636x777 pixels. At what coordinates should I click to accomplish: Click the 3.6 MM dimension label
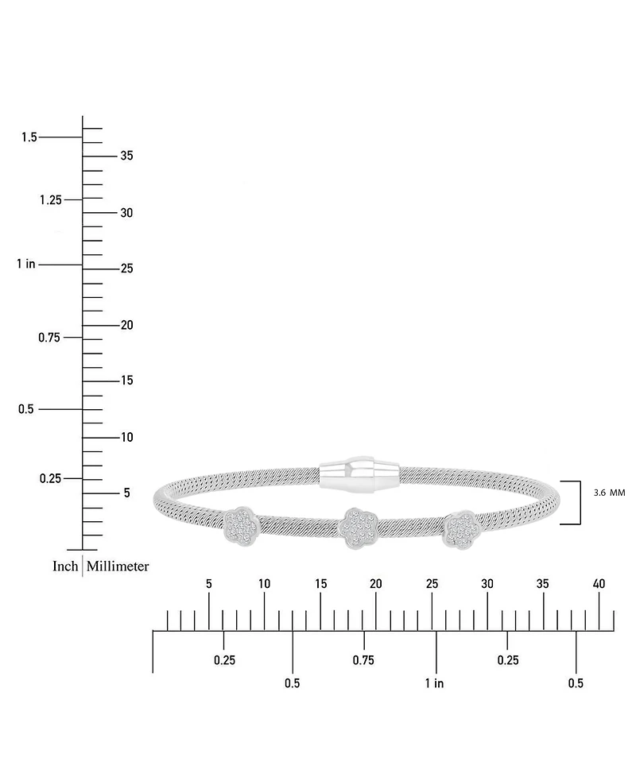pyautogui.click(x=609, y=493)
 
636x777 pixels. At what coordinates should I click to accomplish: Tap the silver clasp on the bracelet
pyautogui.click(x=360, y=474)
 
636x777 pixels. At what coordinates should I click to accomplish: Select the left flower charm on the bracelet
pyautogui.click(x=241, y=526)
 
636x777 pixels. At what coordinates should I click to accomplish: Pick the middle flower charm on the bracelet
pyautogui.click(x=358, y=528)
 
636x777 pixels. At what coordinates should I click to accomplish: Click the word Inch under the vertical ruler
pyautogui.click(x=65, y=566)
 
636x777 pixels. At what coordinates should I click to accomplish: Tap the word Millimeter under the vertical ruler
pyautogui.click(x=118, y=566)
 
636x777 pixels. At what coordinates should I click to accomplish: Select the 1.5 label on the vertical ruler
pyautogui.click(x=29, y=137)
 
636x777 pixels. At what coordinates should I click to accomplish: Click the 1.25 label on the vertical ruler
pyautogui.click(x=51, y=200)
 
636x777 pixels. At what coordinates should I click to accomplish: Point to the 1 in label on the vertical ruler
pyautogui.click(x=26, y=264)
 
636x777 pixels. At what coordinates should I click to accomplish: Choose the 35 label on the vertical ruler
pyautogui.click(x=127, y=156)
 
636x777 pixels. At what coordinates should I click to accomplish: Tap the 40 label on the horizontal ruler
pyautogui.click(x=599, y=584)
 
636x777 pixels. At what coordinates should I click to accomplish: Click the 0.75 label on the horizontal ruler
pyautogui.click(x=363, y=660)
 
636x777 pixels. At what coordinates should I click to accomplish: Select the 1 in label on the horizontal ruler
pyautogui.click(x=434, y=683)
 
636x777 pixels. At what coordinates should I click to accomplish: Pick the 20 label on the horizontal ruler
pyautogui.click(x=376, y=584)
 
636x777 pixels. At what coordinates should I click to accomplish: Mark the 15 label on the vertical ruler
pyautogui.click(x=127, y=380)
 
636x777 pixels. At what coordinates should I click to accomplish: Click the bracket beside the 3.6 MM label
pyautogui.click(x=580, y=502)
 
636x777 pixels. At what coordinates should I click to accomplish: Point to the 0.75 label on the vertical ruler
pyautogui.click(x=49, y=338)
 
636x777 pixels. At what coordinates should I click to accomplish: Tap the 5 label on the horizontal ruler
pyautogui.click(x=209, y=584)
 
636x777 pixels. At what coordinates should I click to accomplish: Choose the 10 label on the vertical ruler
pyautogui.click(x=127, y=437)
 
